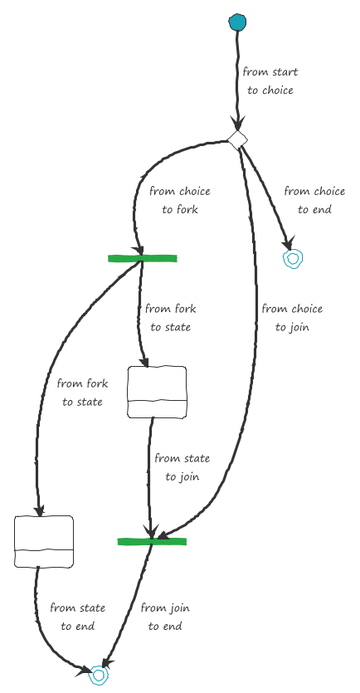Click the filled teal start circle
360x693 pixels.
pyautogui.click(x=237, y=22)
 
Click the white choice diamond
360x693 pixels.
pyautogui.click(x=237, y=139)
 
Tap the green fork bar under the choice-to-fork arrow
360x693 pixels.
pyautogui.click(x=142, y=259)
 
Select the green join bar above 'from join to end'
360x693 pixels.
pyautogui.click(x=152, y=541)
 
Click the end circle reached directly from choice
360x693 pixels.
pyautogui.click(x=293, y=259)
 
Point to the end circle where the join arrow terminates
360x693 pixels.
pyautogui.click(x=99, y=675)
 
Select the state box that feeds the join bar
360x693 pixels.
pyautogui.click(x=157, y=392)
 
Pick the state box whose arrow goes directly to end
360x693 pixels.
pyautogui.click(x=44, y=541)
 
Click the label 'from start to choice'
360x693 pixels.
pyautogui.click(x=270, y=81)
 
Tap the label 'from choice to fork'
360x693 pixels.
pyautogui.click(x=180, y=200)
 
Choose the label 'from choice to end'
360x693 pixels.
pyautogui.click(x=314, y=200)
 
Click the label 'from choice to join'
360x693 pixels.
pyautogui.click(x=292, y=318)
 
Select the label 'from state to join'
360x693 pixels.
pyautogui.click(x=182, y=467)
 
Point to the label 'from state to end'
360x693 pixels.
pyautogui.click(x=78, y=617)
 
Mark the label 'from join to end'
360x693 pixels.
pyautogui.click(x=165, y=617)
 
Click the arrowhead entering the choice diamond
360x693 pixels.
pyautogui.click(x=237, y=123)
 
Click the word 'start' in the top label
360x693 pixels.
pyautogui.click(x=285, y=72)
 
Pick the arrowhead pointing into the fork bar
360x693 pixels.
pyautogui.click(x=139, y=249)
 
